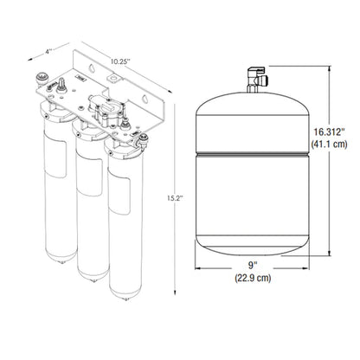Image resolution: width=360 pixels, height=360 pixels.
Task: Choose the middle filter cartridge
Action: (88, 208)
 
